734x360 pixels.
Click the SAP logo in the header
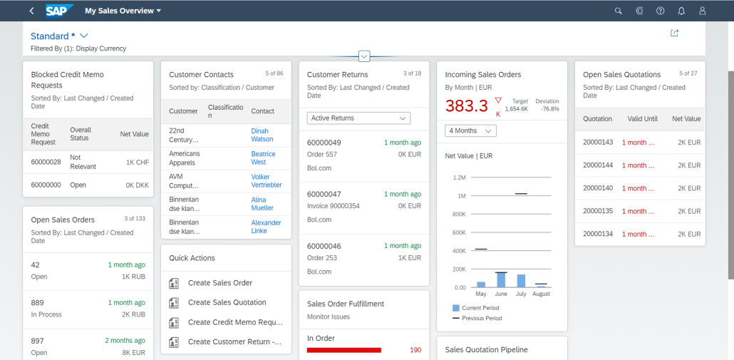tap(59, 10)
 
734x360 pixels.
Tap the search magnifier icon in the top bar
tap(618, 11)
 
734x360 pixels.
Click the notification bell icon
tap(681, 11)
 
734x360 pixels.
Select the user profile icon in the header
tap(702, 11)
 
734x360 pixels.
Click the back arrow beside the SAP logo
tap(31, 11)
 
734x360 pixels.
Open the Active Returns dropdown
tap(358, 118)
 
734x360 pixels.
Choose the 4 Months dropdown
tap(470, 131)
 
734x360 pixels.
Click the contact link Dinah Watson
tap(262, 135)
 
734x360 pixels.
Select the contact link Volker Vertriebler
tap(267, 180)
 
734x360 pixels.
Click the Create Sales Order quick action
tap(220, 283)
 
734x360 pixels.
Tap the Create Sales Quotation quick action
tap(227, 302)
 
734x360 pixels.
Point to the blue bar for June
tap(501, 280)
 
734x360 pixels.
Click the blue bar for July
tap(521, 281)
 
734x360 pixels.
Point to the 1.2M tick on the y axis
tap(459, 178)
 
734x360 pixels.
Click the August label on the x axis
tap(541, 294)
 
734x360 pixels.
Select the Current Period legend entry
tap(476, 308)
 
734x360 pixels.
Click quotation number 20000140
tap(598, 188)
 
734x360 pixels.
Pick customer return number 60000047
tap(324, 195)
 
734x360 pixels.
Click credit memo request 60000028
tap(46, 162)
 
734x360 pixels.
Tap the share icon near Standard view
tap(675, 33)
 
